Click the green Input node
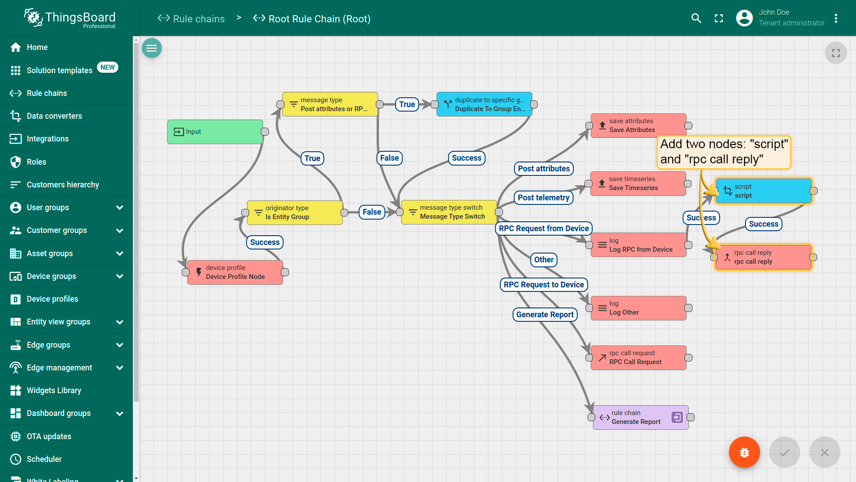coord(215,132)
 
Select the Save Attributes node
coord(638,125)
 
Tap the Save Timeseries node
coord(638,183)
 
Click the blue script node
coord(764,191)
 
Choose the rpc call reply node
coord(763,257)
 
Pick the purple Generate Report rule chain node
coord(641,417)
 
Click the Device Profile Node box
coord(235,272)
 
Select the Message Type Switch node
coord(449,212)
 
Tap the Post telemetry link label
coord(543,198)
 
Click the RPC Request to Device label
coord(544,285)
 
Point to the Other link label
coord(544,260)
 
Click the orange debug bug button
coord(745,452)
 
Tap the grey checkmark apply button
coord(785,452)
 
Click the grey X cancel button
coord(825,452)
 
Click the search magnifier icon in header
coord(696,18)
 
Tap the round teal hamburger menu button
coord(152,48)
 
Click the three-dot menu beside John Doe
coord(836,18)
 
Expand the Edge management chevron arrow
coord(119,368)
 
